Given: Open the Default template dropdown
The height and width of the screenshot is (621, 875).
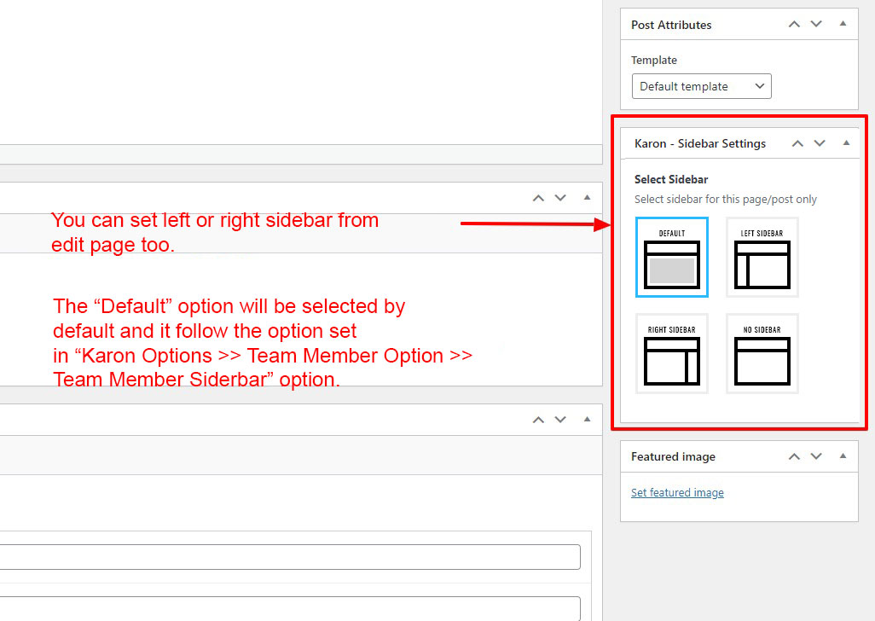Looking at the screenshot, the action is coord(702,86).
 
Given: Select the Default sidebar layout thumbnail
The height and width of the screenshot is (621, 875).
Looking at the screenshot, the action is coord(672,258).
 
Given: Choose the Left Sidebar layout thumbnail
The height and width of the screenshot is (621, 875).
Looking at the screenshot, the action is coord(762,258).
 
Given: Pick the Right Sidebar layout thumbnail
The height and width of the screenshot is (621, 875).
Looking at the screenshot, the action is coord(672,354).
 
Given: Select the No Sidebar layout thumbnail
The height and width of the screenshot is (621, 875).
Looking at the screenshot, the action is coord(762,354).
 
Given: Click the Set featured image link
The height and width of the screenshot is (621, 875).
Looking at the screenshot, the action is coord(677,493).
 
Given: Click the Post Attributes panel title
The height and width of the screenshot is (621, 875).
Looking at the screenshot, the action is coord(671,25).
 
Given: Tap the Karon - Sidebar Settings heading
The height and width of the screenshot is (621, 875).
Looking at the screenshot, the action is coord(700,144).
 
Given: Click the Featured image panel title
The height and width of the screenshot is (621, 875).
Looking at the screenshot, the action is coord(673,457).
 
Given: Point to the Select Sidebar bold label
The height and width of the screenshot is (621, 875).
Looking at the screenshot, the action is coord(671,180).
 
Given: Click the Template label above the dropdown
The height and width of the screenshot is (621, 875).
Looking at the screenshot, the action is coord(654,61).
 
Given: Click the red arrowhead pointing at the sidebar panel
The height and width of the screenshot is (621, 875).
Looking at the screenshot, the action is coord(603,224).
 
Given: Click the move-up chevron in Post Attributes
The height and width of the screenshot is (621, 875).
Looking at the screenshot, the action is coord(794,24).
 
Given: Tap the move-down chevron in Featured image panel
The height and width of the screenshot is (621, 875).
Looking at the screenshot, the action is coord(816,456).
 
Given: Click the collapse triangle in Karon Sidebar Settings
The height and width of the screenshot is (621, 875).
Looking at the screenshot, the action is coord(847,142).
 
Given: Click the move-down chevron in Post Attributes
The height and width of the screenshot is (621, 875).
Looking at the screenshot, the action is coord(816,24).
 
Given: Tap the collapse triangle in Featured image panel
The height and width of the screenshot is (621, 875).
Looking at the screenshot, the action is coord(843,456).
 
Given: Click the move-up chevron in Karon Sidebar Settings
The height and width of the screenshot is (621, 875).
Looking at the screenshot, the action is coord(798,143).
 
